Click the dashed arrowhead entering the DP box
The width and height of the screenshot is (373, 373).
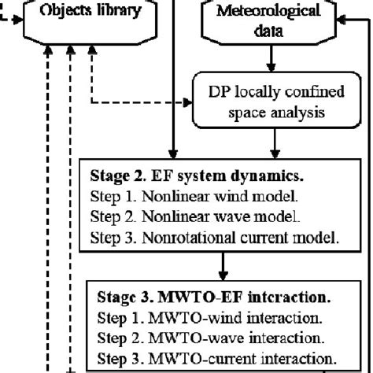(x=189, y=103)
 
